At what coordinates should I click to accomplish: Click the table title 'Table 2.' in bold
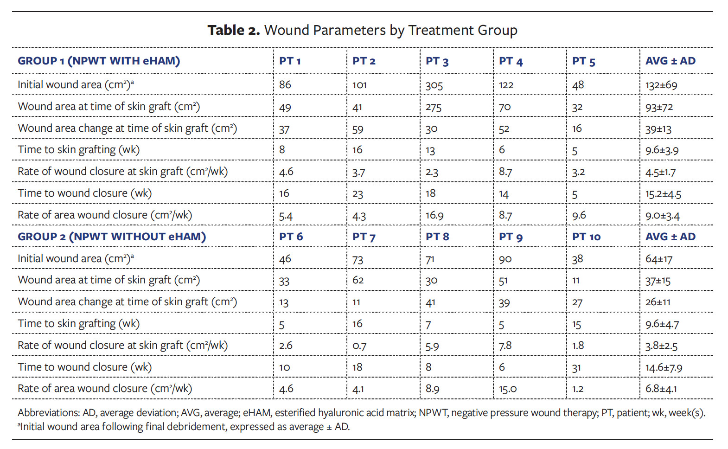click(233, 30)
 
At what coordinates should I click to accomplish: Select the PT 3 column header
click(437, 61)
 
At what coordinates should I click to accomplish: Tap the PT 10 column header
click(586, 237)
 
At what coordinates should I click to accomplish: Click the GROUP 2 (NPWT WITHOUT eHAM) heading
click(112, 237)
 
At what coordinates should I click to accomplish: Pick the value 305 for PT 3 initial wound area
click(434, 85)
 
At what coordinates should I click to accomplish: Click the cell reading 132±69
click(661, 85)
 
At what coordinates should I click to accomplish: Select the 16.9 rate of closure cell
click(434, 216)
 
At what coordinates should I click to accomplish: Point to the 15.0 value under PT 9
click(508, 389)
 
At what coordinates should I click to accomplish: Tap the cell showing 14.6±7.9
click(664, 368)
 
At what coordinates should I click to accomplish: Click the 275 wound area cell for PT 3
click(434, 107)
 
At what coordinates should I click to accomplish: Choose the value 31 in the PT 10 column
click(576, 368)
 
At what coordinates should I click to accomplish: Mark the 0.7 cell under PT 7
click(359, 346)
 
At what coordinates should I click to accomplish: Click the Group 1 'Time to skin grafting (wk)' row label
click(78, 150)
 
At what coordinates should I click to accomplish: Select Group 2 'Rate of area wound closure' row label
click(104, 389)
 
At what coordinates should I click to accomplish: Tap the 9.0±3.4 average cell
click(662, 216)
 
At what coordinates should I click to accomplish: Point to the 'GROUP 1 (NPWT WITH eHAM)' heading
click(99, 61)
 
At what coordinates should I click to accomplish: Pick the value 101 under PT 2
click(359, 85)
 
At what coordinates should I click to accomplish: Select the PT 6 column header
click(291, 237)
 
